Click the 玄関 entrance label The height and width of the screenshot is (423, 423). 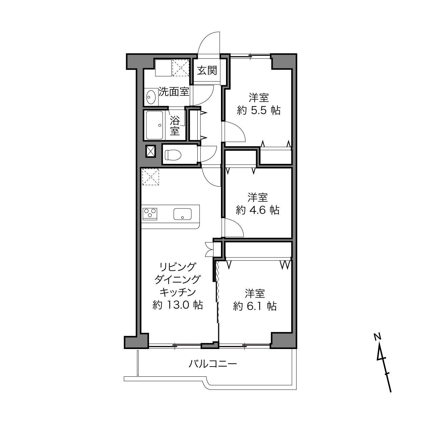pos(207,71)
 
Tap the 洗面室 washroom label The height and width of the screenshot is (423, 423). pos(174,92)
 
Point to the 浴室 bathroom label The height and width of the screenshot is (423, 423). pos(175,125)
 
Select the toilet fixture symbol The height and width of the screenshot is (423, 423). pos(173,155)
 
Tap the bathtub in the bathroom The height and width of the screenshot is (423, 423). pos(154,125)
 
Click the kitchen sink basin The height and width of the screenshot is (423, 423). pos(182,214)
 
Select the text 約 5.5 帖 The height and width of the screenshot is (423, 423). pos(258,110)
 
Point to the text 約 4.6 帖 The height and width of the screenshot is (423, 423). pos(257,210)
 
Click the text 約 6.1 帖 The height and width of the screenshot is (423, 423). pos(255,306)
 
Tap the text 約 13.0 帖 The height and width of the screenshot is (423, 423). pos(177,305)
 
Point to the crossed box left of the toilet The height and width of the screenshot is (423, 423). pos(151,151)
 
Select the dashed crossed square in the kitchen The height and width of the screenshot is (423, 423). pos(150,177)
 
